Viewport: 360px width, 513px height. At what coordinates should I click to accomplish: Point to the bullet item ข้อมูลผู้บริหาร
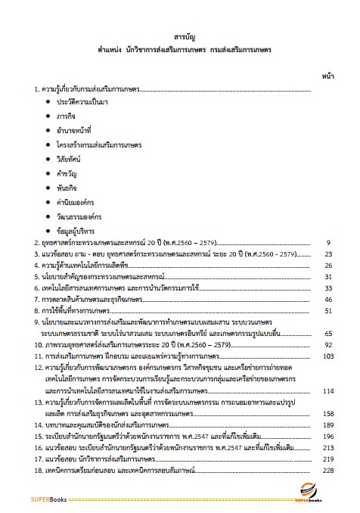click(x=77, y=230)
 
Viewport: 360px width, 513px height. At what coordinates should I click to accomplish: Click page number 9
click(x=330, y=243)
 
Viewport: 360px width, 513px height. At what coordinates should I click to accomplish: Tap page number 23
click(x=328, y=255)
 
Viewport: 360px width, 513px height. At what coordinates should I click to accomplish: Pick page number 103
click(x=327, y=355)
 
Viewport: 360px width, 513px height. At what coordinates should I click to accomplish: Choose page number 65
click(x=328, y=333)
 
